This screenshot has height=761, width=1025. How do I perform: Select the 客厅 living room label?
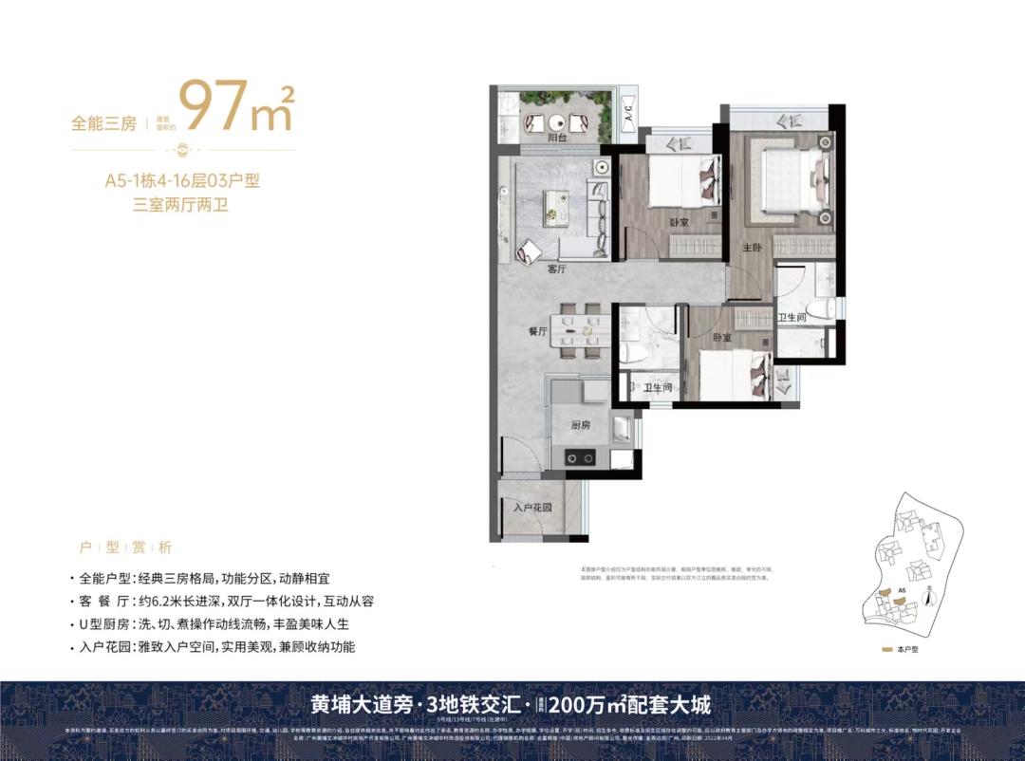click(x=556, y=269)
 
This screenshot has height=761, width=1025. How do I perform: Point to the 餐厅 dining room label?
click(x=538, y=332)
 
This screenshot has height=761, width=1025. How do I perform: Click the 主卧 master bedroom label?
click(x=751, y=247)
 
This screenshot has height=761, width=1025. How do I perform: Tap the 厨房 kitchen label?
click(x=582, y=425)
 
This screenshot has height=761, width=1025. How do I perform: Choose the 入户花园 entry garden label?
click(x=532, y=508)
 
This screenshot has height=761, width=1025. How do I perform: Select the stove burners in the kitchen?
click(x=580, y=458)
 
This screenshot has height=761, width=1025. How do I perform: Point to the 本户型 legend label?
click(x=909, y=650)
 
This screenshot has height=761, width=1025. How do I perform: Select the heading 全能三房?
click(x=104, y=123)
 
